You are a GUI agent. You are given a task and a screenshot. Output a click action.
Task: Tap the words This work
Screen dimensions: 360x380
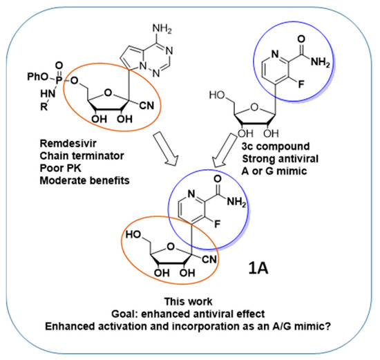coord(189,302)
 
